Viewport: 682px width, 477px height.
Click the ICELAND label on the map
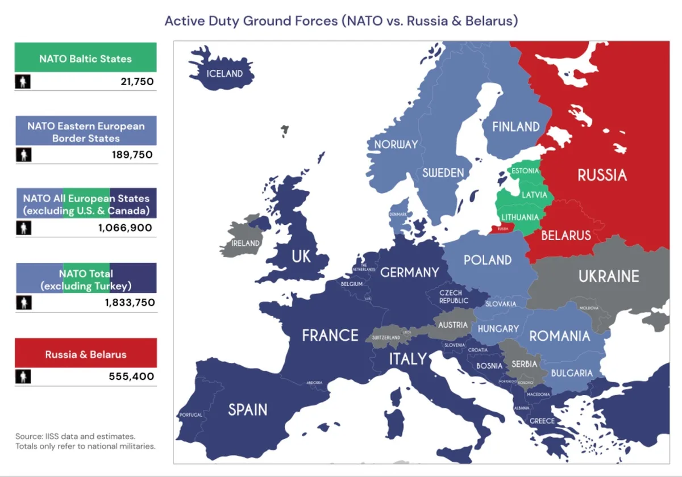(224, 73)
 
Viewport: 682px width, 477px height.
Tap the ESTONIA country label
(525, 170)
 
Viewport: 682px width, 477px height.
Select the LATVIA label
(534, 195)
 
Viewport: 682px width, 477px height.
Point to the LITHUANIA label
(520, 217)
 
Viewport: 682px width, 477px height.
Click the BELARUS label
(565, 235)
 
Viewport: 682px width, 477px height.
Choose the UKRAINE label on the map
(609, 277)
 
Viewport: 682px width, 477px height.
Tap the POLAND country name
(488, 260)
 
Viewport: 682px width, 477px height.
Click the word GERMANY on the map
(409, 273)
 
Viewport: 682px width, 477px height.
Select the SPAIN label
(247, 409)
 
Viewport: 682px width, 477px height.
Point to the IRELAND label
(246, 243)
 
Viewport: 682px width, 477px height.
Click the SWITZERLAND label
(386, 338)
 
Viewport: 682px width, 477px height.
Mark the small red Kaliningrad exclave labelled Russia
(502, 229)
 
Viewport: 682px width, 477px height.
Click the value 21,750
(137, 82)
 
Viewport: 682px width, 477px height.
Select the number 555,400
(131, 376)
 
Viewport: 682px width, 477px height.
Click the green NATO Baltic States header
(85, 58)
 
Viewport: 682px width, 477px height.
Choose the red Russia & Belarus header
(85, 354)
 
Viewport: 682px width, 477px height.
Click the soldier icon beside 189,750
(23, 154)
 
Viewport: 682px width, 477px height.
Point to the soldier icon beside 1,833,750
(23, 303)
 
